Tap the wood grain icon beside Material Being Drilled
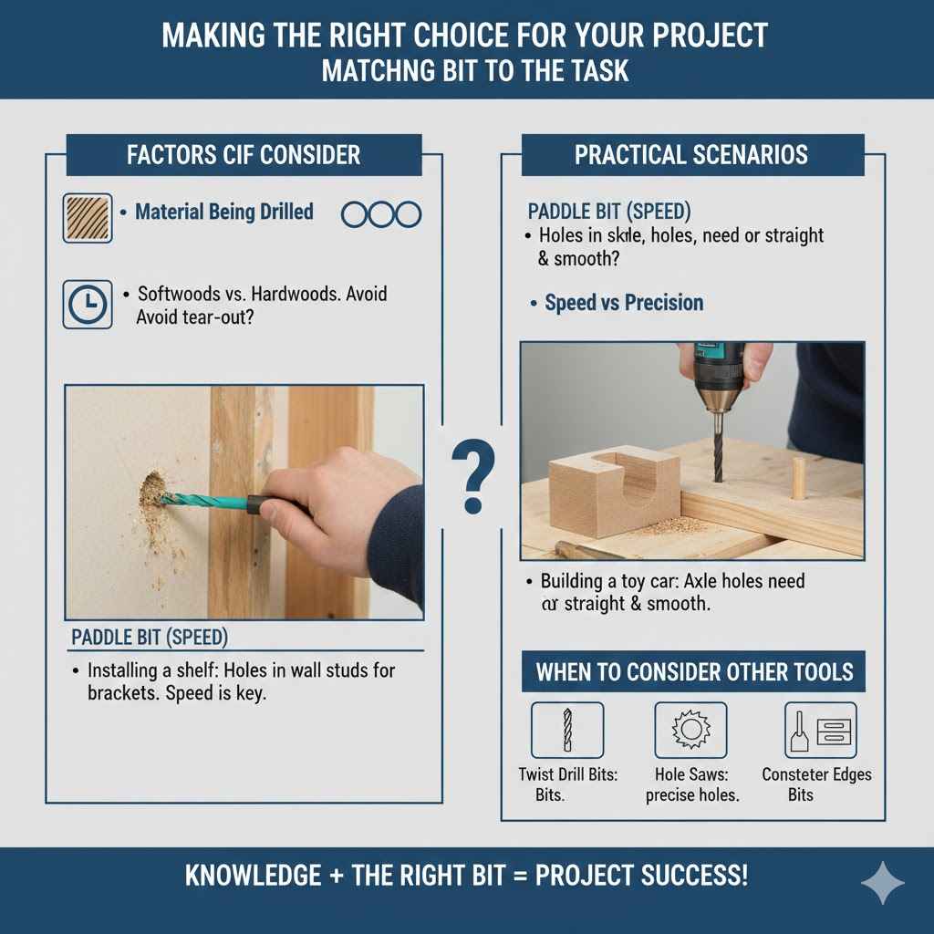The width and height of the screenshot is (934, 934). [87, 217]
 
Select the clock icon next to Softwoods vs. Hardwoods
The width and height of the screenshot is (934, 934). [87, 304]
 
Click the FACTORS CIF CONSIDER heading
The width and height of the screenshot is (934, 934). [244, 154]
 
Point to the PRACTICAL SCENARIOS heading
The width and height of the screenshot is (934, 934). [690, 154]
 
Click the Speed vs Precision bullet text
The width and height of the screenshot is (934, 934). [623, 303]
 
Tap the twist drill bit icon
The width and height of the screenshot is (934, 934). [566, 731]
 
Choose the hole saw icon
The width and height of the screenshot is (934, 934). [690, 731]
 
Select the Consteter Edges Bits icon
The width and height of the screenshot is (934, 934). [820, 731]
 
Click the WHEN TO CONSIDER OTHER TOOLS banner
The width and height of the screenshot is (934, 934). [694, 672]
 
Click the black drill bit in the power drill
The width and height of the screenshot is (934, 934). [718, 447]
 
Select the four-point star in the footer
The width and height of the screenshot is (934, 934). [883, 883]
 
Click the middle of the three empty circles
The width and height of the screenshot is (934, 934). [380, 214]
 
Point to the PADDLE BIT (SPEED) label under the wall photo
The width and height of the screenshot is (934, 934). [150, 636]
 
